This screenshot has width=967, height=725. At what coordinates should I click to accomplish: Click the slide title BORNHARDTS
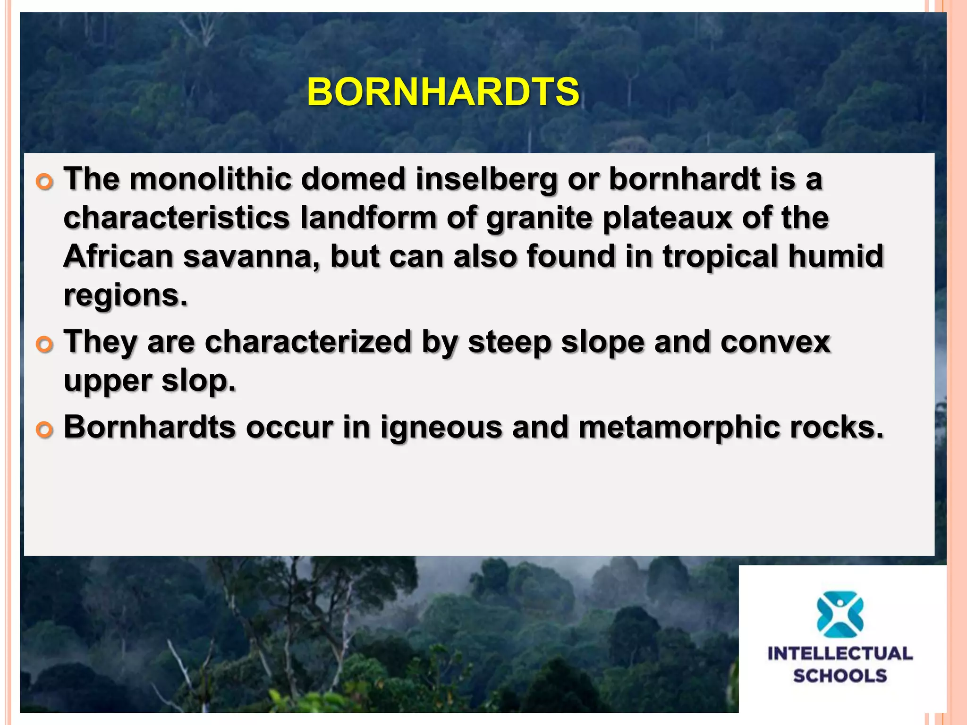click(x=443, y=92)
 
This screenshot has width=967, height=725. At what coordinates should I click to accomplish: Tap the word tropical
click(x=720, y=256)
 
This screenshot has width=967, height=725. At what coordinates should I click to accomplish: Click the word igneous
click(x=441, y=427)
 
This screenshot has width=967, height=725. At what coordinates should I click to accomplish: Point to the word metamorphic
click(x=679, y=427)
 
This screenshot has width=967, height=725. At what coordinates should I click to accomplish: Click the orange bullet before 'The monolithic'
click(x=44, y=182)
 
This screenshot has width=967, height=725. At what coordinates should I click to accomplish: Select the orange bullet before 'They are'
click(x=44, y=345)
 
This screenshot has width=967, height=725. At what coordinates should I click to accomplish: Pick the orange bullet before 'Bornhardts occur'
click(x=44, y=430)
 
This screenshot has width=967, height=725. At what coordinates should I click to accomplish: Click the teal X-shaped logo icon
click(x=840, y=614)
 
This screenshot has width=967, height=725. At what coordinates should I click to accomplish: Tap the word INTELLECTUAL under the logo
click(x=840, y=654)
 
